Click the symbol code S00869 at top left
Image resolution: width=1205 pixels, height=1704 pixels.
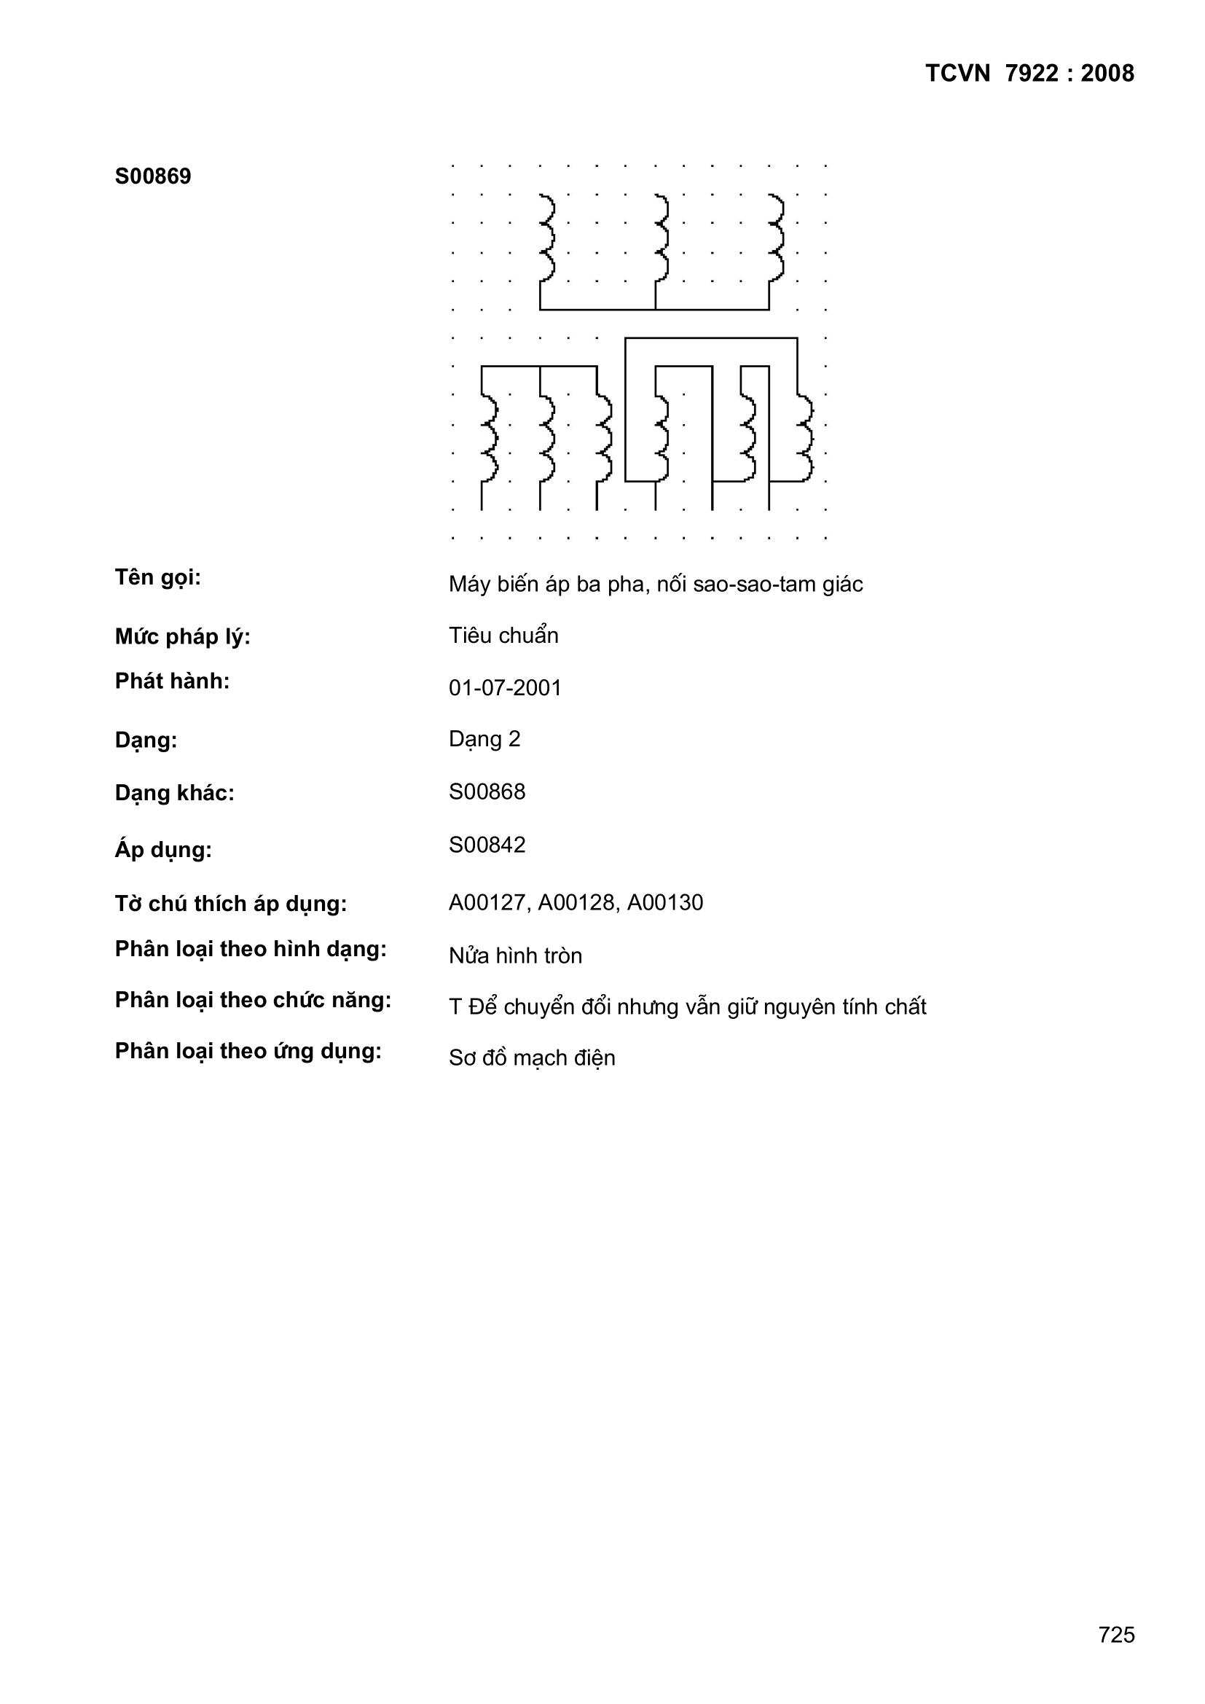pos(153,176)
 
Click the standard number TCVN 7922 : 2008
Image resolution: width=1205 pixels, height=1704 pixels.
pos(1029,74)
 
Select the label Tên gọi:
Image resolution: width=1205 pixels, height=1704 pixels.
pos(157,577)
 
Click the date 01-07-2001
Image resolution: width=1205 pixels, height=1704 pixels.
pos(505,688)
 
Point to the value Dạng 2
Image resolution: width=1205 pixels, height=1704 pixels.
pos(484,739)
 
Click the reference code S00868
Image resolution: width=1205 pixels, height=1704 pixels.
pos(487,792)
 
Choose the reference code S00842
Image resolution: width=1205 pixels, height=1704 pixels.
pos(487,845)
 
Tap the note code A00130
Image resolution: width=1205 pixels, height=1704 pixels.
pos(665,902)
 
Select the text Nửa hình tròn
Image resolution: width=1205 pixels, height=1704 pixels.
pos(515,956)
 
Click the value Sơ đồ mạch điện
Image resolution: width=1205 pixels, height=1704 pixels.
pos(531,1058)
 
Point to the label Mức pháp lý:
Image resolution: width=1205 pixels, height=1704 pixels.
pos(183,637)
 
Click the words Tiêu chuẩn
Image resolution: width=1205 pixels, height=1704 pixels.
pos(503,636)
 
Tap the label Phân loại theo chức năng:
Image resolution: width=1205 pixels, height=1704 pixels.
pos(252,1001)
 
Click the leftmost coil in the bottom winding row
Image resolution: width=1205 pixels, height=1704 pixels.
pos(489,439)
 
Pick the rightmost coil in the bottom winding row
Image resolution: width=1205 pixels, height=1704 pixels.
pos(805,439)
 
